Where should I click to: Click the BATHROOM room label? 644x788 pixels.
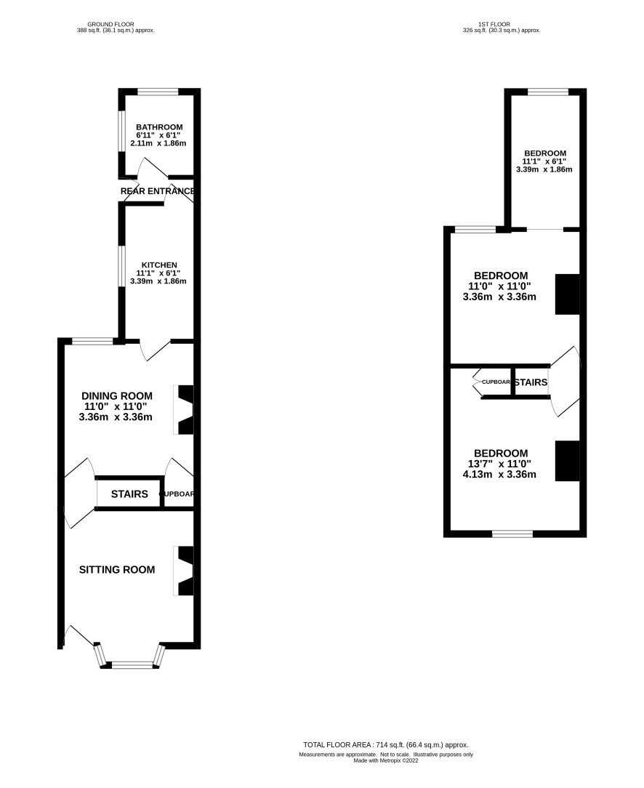point(159,127)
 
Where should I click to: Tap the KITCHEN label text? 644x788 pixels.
point(159,265)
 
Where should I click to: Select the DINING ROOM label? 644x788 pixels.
point(116,396)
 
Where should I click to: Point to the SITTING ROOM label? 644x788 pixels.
point(117,569)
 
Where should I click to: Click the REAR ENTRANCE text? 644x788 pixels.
point(158,191)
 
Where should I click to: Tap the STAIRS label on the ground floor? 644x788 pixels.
point(129,494)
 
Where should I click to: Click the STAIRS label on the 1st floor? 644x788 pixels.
point(531,382)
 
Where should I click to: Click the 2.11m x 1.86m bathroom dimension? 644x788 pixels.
point(158,143)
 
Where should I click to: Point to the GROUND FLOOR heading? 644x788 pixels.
point(111,24)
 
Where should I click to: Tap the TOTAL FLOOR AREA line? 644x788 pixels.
point(386,745)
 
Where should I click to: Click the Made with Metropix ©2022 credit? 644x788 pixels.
point(386,760)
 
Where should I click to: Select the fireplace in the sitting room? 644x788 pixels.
point(183,571)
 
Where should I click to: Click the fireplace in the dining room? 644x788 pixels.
point(183,409)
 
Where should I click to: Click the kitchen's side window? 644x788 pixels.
point(121,266)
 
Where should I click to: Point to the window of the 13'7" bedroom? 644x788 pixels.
point(512,534)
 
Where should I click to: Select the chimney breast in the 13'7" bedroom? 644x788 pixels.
point(568,461)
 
